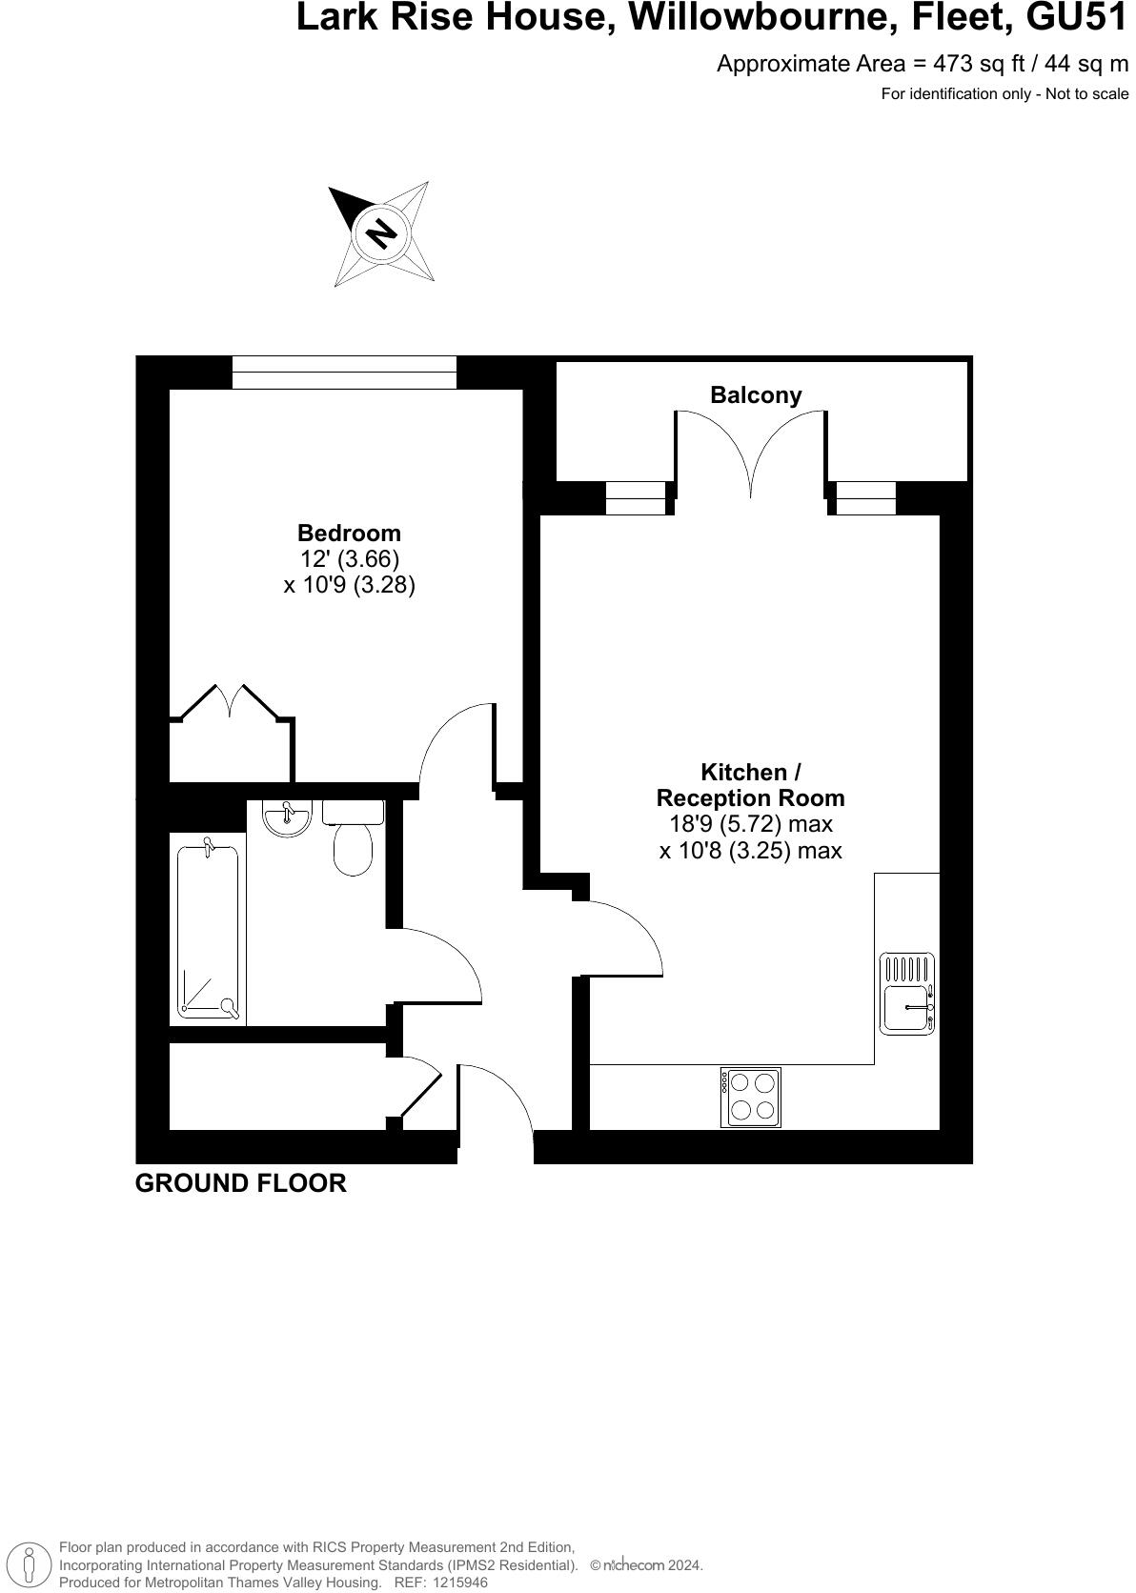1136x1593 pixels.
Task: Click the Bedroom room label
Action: tap(349, 533)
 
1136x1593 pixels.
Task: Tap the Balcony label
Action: tap(756, 394)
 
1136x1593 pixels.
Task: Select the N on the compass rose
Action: tap(381, 233)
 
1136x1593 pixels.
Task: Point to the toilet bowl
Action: tap(353, 848)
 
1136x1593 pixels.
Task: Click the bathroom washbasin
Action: tap(286, 817)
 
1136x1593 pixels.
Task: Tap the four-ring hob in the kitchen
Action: tap(751, 1097)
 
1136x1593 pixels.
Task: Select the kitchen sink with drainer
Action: tap(907, 994)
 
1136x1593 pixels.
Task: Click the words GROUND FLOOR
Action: tap(241, 1183)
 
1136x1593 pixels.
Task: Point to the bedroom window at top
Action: tap(344, 373)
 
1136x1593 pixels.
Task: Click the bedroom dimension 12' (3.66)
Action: tap(350, 558)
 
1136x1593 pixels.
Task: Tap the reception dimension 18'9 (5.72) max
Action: tap(751, 824)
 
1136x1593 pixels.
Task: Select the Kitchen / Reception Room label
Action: tap(751, 784)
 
